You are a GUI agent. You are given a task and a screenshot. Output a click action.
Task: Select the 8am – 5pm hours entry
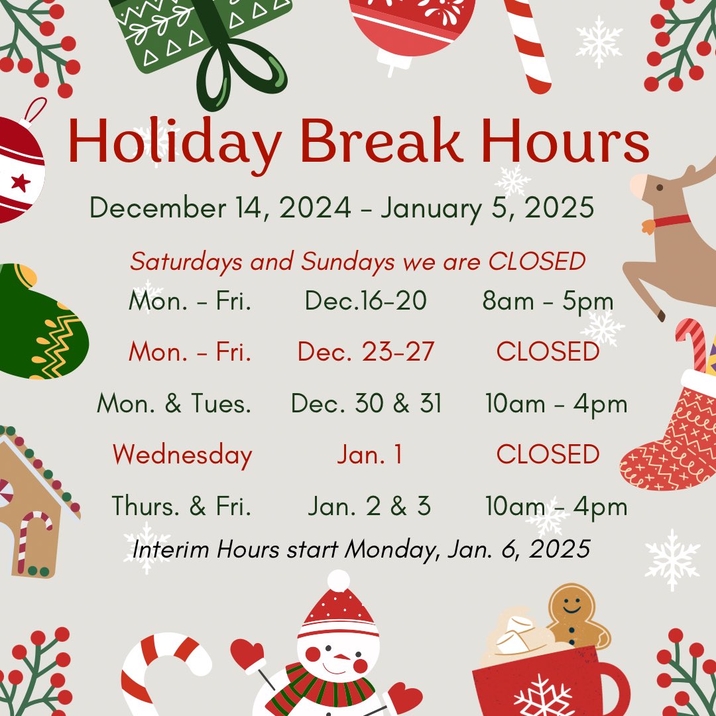tap(548, 302)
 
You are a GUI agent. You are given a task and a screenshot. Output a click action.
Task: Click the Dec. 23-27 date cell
tap(366, 352)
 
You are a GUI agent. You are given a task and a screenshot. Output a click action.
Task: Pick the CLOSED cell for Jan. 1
tap(548, 455)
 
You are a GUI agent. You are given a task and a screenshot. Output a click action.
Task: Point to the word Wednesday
tap(182, 455)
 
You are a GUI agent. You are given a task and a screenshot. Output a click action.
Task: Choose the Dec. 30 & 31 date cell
tap(366, 404)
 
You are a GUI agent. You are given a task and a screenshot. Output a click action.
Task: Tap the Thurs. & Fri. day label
tap(182, 507)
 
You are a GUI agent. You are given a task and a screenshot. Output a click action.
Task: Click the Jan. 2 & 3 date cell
tap(369, 507)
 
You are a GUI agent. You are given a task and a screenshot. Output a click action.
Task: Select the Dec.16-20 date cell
tap(366, 302)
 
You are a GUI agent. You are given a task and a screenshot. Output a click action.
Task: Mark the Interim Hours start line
tap(361, 549)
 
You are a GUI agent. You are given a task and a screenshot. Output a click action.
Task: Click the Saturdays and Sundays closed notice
tap(358, 262)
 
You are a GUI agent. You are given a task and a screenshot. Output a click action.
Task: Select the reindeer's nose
tap(638, 186)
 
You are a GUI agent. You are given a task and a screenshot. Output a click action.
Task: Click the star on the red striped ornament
tap(20, 182)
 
